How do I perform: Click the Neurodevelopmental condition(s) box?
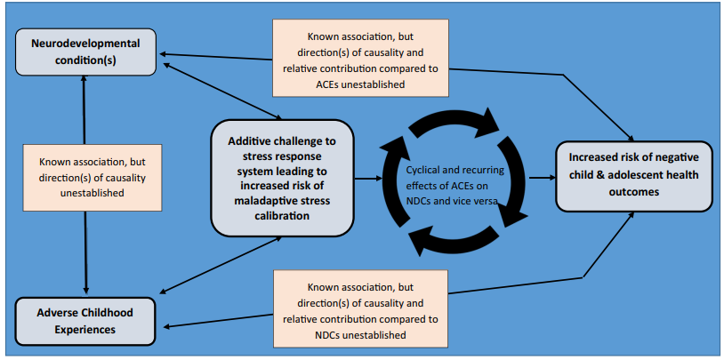coord(85,52)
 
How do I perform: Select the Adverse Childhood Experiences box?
coord(85,320)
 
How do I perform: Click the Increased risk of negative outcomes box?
coord(633,175)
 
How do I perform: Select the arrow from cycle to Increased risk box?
coord(541,178)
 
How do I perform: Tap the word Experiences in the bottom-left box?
coord(85,329)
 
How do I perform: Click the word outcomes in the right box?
coord(633,191)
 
